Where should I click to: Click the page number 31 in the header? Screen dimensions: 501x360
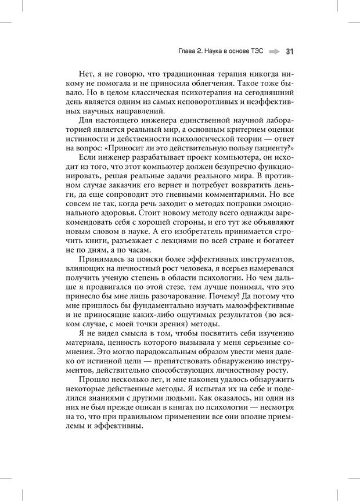pos(290,51)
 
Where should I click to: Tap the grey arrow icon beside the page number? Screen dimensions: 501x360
pos(274,51)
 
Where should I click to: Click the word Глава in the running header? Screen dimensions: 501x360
pos(188,51)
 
